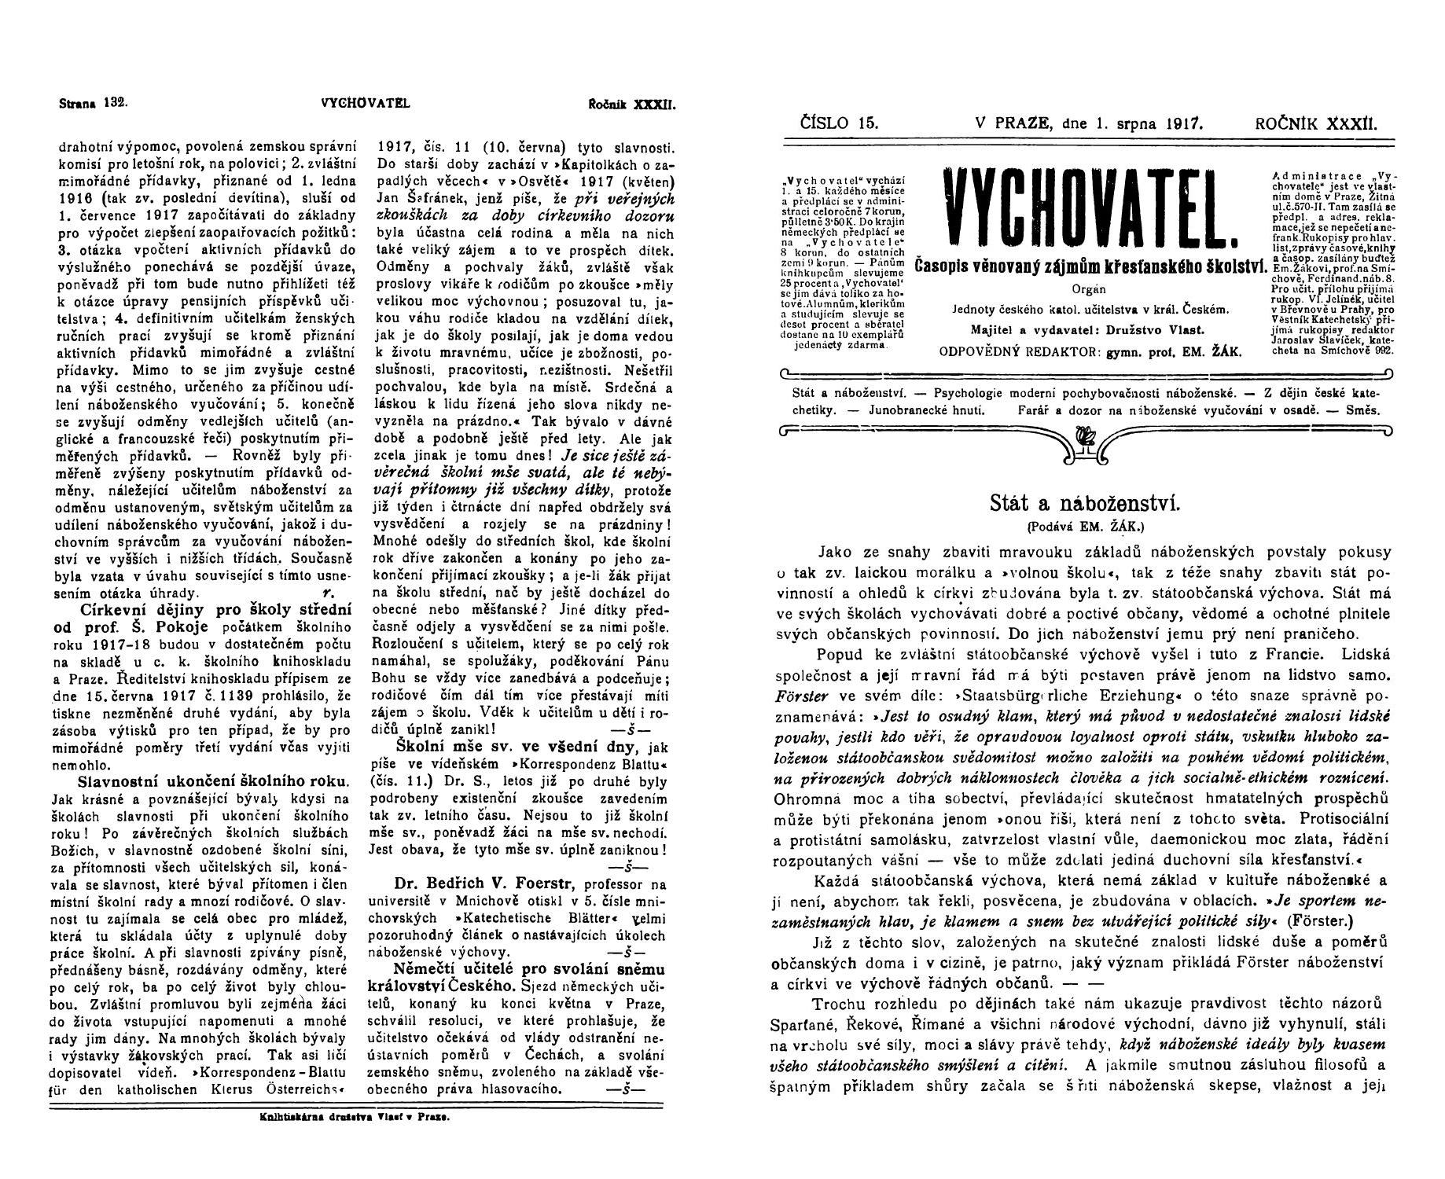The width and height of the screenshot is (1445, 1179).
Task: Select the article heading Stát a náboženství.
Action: (x=1086, y=503)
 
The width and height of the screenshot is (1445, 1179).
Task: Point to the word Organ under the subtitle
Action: (x=1087, y=289)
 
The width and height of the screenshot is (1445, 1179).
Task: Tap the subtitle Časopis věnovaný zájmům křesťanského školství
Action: (x=1088, y=266)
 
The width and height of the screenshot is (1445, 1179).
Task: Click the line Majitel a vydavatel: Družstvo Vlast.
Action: (x=1087, y=330)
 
